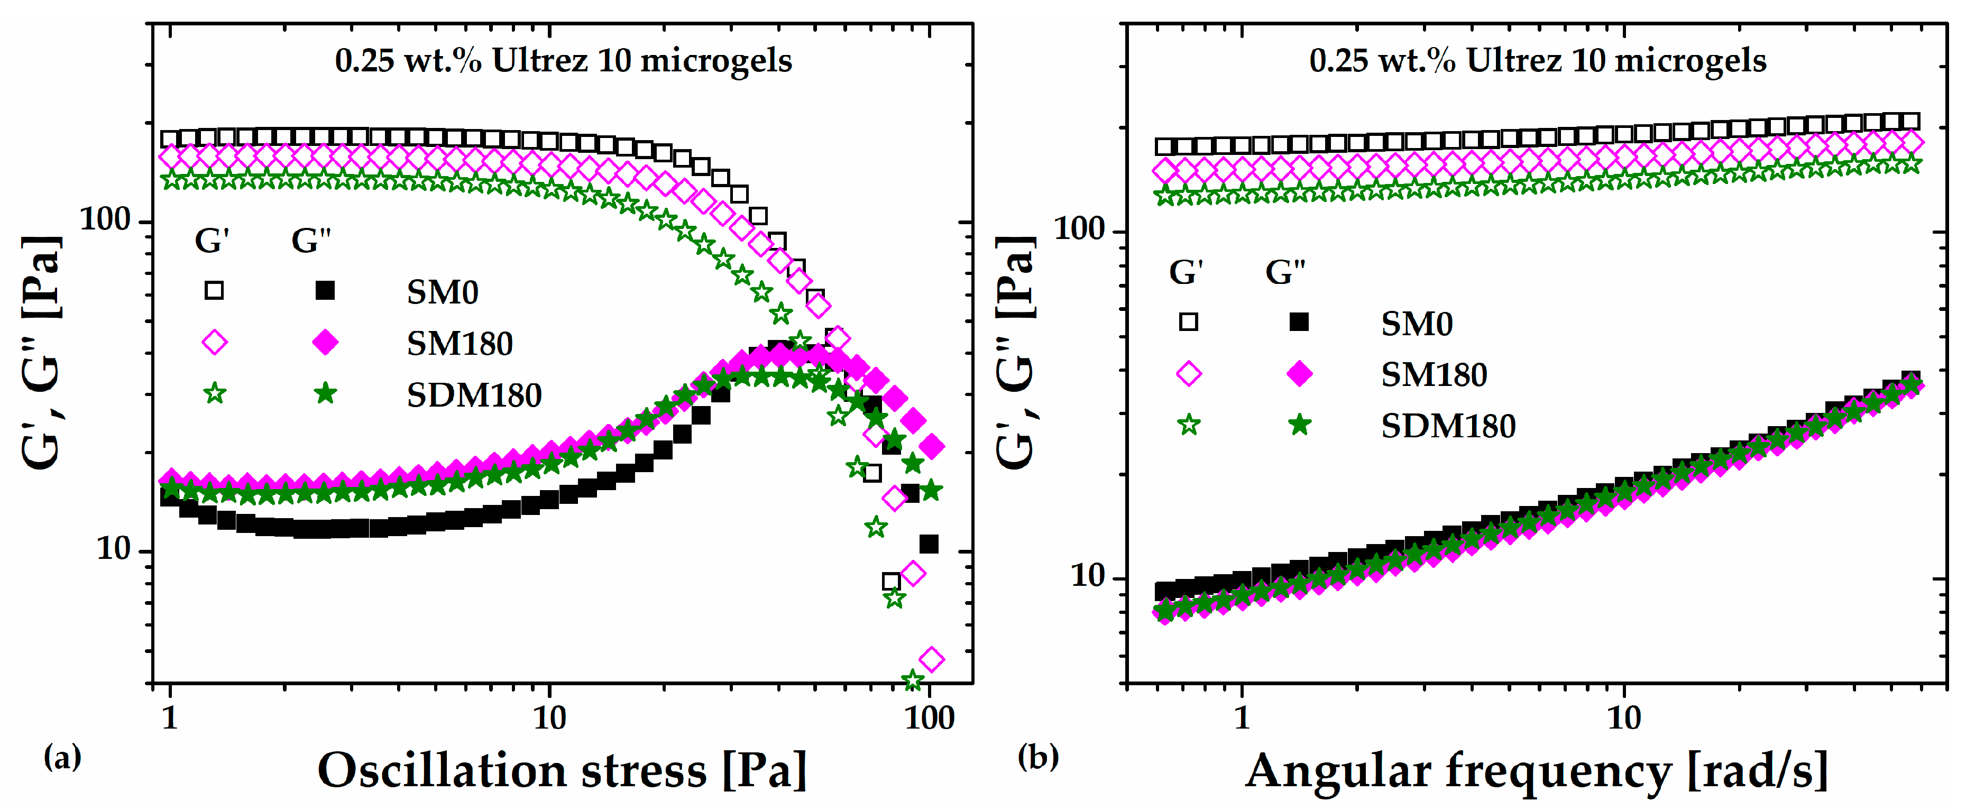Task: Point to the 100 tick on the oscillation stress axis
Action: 930,719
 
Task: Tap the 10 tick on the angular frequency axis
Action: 1623,719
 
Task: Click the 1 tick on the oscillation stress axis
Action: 169,719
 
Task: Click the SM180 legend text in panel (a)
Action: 460,344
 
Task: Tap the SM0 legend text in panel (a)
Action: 443,292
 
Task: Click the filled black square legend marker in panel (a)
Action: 326,290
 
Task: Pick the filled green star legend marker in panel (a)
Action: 326,394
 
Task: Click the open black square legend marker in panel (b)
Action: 1188,321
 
